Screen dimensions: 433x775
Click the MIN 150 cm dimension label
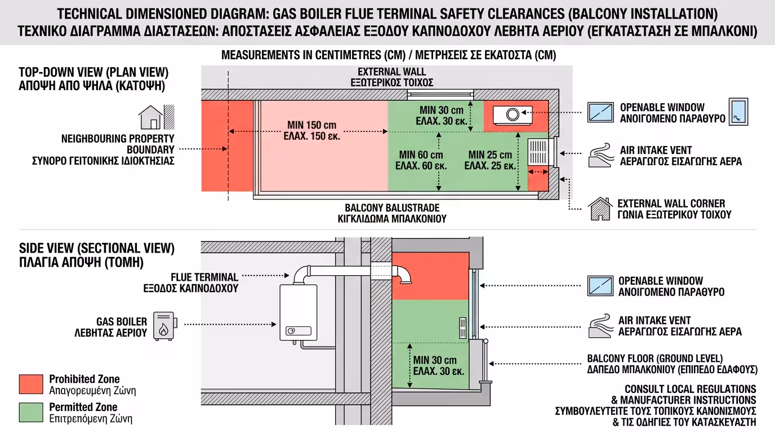click(312, 130)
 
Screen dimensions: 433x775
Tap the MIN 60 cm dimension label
click(421, 160)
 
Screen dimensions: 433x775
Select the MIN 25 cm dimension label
click(490, 160)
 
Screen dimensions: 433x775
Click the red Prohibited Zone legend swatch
click(31, 384)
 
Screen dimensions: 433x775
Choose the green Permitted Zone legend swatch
click(31, 413)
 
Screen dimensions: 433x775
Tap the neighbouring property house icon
click(150, 117)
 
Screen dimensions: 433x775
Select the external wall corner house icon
click(599, 209)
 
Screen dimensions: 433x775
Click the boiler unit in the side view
click(298, 313)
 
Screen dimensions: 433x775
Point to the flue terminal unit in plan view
click(513, 114)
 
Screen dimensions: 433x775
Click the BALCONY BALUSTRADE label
click(392, 213)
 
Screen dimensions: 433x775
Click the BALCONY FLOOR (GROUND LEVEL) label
click(671, 364)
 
